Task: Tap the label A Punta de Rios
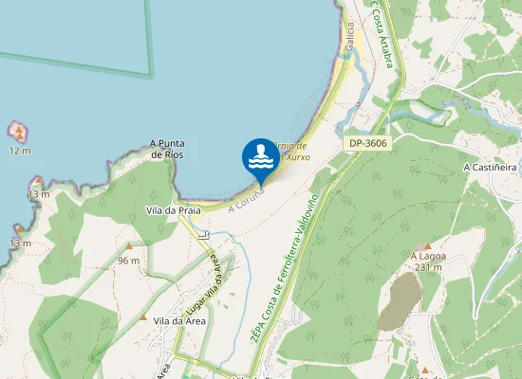click(166, 149)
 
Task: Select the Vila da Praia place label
click(166, 209)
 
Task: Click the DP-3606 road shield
click(366, 143)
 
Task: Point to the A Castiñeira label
click(489, 167)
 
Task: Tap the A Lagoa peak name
click(428, 256)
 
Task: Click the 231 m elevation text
click(429, 267)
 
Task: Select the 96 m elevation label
click(129, 260)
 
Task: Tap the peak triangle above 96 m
click(129, 248)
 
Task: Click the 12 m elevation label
click(20, 151)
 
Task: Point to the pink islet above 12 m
click(18, 131)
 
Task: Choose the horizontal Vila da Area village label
click(179, 321)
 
